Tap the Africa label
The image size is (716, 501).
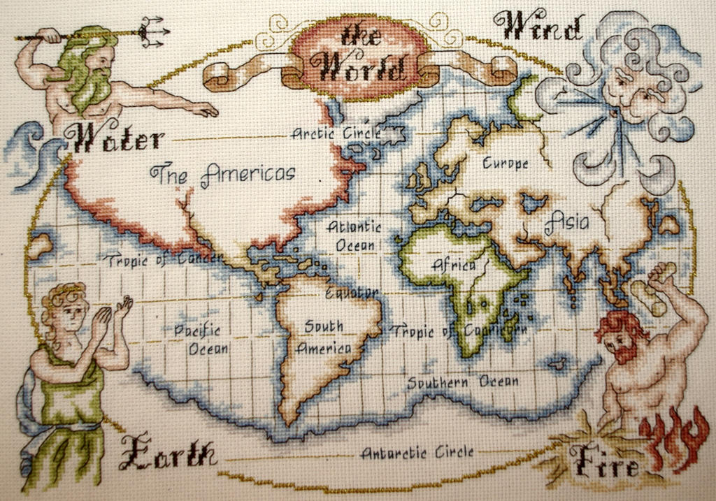pos(454,265)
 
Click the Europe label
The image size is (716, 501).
pos(506,164)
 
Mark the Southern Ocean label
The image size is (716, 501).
pos(463,382)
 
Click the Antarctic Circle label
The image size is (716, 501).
pos(417,452)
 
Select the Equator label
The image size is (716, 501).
pos(352,291)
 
